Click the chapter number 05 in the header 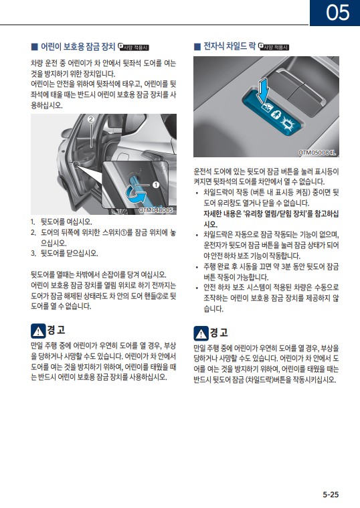(x=338, y=12)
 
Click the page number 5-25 (x=331, y=495)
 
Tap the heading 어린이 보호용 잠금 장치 (x=78, y=47)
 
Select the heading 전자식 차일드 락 (x=230, y=46)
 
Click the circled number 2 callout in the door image (x=91, y=119)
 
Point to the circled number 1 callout (x=156, y=185)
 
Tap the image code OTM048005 (x=156, y=210)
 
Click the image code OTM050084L (x=317, y=153)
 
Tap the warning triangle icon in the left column (x=38, y=331)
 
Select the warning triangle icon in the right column (x=201, y=333)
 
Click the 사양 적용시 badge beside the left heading (x=134, y=47)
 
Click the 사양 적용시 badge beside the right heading (x=274, y=47)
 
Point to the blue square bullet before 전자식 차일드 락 (x=197, y=47)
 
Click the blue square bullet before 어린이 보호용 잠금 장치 (x=34, y=47)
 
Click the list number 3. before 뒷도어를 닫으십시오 (x=33, y=254)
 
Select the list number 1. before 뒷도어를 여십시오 (x=33, y=222)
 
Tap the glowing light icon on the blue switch (x=287, y=123)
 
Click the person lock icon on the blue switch (x=276, y=114)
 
